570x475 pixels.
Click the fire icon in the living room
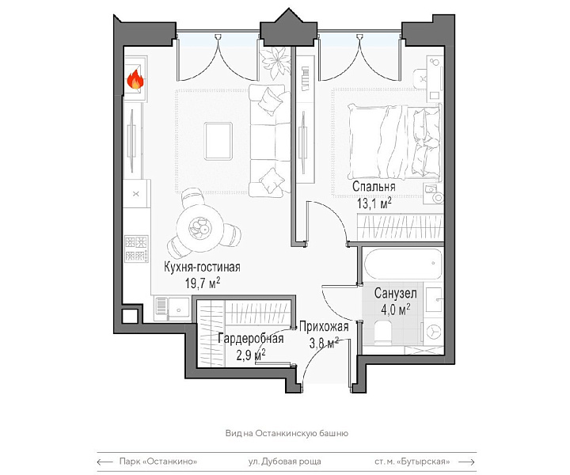coord(135,80)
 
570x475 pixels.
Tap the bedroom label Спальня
coord(374,187)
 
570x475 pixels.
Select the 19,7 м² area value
coord(203,283)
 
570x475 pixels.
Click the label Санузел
coord(396,293)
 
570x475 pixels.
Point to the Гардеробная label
coord(250,339)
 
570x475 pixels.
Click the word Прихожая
coord(324,327)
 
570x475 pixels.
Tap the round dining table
coord(199,228)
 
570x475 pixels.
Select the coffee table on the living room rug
coord(218,141)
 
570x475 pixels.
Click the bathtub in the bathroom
coord(403,264)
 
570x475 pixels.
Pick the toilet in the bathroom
coord(382,332)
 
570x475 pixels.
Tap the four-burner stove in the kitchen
coord(136,249)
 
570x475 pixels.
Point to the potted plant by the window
coord(275,62)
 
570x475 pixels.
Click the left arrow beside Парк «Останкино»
coord(105,462)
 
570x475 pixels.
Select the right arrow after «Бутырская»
coord(467,462)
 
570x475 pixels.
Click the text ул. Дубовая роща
coord(285,462)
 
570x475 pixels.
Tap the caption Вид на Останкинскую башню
coord(287,433)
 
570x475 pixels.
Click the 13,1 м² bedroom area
coord(374,203)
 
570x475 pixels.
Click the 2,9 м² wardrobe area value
coord(250,355)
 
